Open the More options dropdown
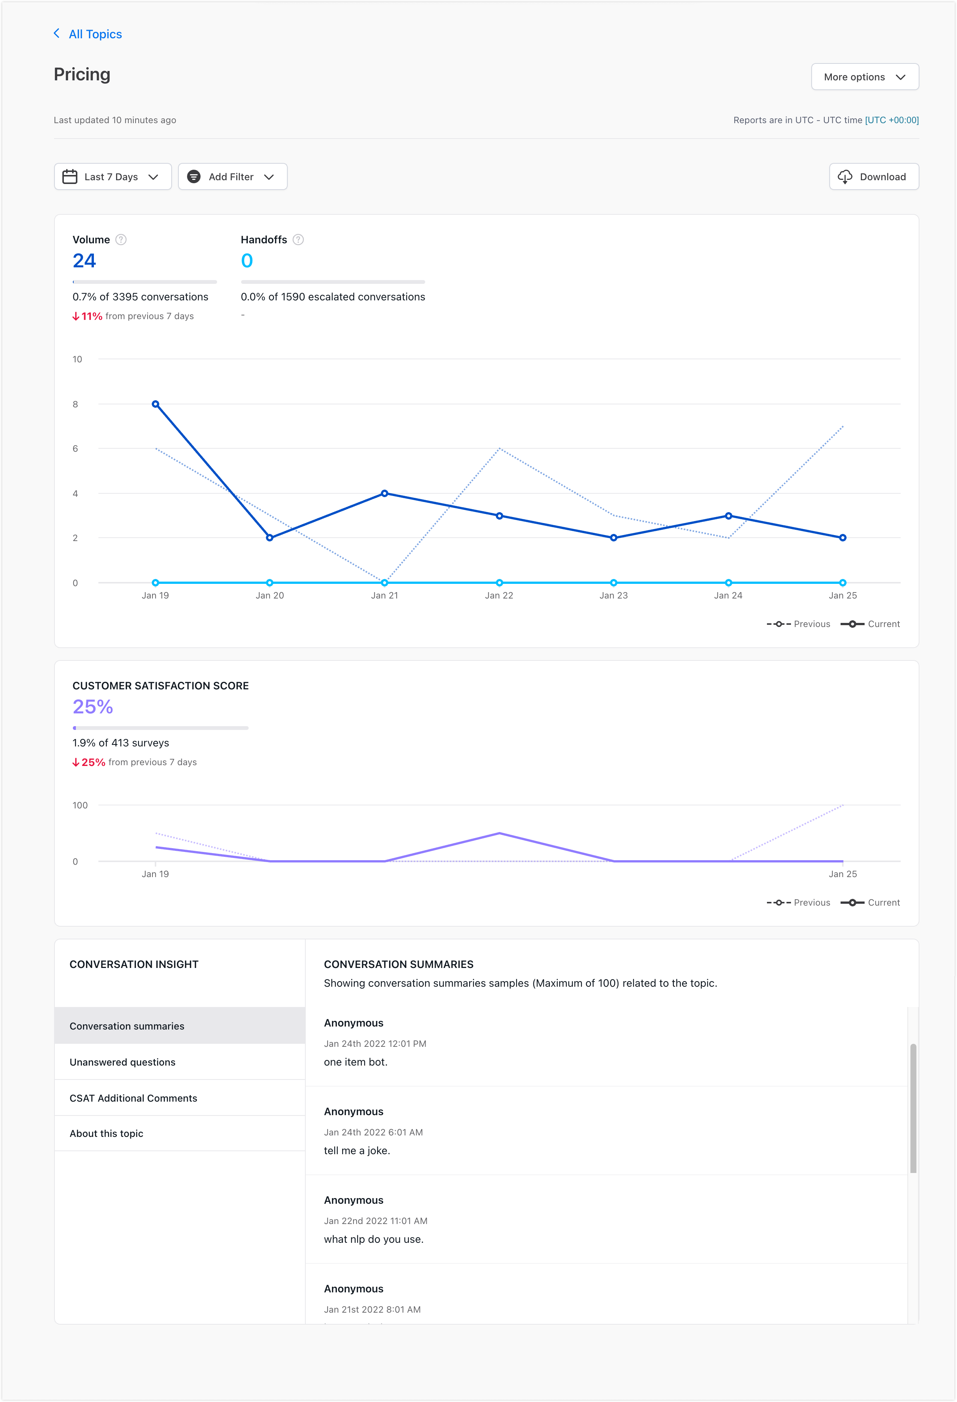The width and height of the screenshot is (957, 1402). click(x=864, y=77)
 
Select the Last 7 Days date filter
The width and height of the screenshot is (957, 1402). click(x=113, y=177)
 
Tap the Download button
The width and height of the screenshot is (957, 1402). click(x=873, y=177)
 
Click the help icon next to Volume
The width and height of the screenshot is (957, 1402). click(x=121, y=240)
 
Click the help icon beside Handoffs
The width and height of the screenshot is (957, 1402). click(x=298, y=240)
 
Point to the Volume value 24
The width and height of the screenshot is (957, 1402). click(x=85, y=261)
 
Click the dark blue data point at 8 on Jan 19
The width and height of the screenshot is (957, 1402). click(x=155, y=404)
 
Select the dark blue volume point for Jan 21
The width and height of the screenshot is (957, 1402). click(x=384, y=493)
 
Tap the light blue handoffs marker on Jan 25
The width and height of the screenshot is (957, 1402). click(x=842, y=583)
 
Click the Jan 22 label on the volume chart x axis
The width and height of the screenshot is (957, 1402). click(x=499, y=595)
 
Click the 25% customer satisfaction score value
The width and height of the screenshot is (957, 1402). click(x=93, y=706)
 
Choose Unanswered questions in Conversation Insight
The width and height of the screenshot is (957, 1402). click(x=122, y=1062)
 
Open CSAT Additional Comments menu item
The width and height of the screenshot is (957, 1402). click(x=133, y=1098)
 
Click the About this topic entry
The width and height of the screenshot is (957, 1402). click(x=106, y=1134)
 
